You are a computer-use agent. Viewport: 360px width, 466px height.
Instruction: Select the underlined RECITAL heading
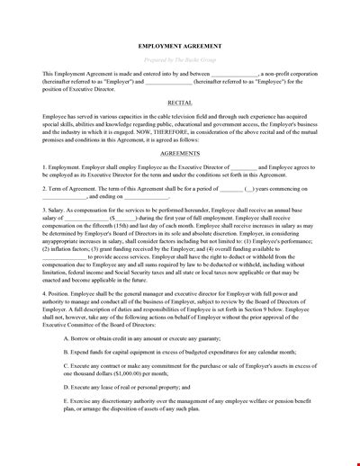coord(180,129)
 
